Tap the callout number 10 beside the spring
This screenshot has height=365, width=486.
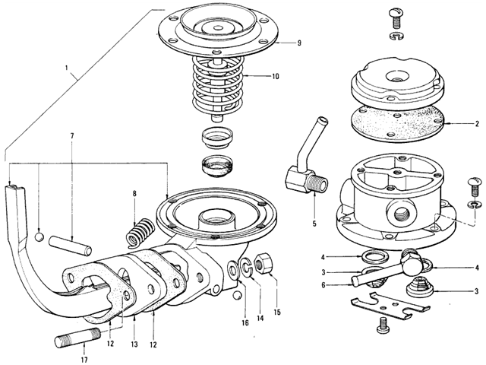(x=275, y=76)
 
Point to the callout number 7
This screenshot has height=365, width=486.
(x=72, y=136)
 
